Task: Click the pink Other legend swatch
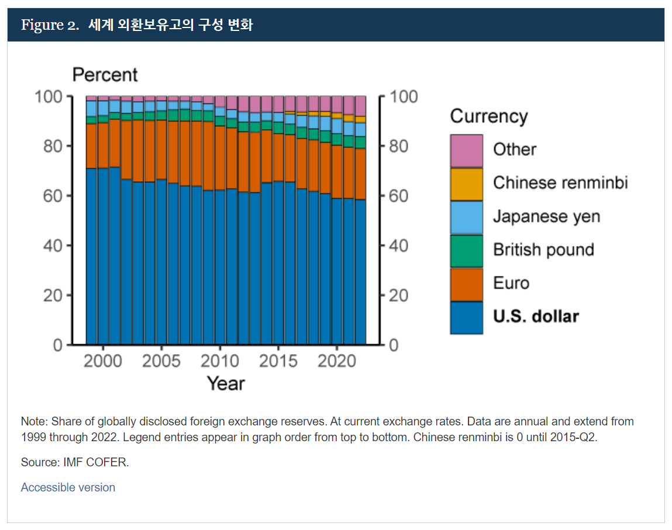click(466, 150)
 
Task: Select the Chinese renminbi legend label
click(560, 183)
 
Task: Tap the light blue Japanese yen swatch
click(466, 217)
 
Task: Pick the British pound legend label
click(543, 250)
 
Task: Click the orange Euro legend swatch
click(466, 284)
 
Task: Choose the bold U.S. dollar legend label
click(536, 317)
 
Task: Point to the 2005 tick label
click(161, 361)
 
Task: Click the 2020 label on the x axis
click(337, 361)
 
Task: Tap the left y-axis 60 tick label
click(52, 196)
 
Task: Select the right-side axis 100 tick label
click(403, 96)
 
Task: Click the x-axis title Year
click(226, 384)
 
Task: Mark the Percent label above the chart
click(105, 75)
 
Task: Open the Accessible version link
click(68, 487)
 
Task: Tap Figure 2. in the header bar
click(50, 25)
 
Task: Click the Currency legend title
click(488, 116)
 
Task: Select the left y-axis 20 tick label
click(52, 295)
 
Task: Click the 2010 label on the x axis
click(220, 361)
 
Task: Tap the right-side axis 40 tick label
click(399, 245)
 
